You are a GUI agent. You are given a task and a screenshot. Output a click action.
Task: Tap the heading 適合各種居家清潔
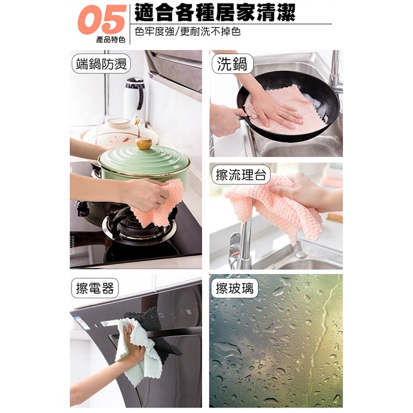215,12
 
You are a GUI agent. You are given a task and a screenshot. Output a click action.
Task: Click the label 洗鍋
231,64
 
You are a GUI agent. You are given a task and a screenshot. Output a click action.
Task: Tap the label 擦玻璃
235,287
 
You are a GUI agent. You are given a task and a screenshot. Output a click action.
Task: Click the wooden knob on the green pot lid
144,144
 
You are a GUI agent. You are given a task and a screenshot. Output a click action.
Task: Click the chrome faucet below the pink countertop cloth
244,242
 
